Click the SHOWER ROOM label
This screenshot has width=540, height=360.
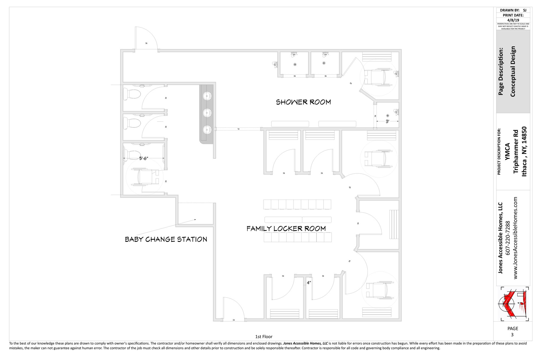(x=303, y=102)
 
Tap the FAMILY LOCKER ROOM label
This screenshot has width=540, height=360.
(x=286, y=228)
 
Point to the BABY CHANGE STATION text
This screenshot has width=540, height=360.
(x=166, y=239)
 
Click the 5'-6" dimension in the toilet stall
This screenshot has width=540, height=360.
(x=144, y=159)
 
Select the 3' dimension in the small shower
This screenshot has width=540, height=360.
(x=387, y=122)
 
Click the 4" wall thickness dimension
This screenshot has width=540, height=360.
(x=309, y=283)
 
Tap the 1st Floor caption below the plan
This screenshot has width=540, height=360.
(x=264, y=337)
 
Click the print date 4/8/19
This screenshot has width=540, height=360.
(x=513, y=20)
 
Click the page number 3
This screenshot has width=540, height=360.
(x=512, y=335)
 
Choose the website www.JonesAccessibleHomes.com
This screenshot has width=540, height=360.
(x=515, y=238)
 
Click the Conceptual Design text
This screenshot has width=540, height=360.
(x=513, y=71)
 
